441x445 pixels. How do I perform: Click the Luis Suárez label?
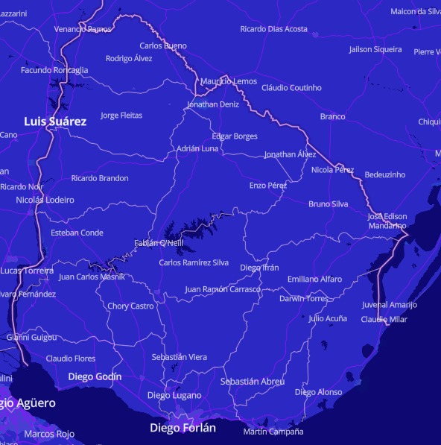[55, 121]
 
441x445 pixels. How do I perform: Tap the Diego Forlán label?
[183, 428]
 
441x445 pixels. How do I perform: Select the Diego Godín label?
[95, 376]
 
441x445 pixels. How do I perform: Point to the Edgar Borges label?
[235, 136]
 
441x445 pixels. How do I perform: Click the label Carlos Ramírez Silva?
[194, 262]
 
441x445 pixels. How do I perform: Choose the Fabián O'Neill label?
[158, 243]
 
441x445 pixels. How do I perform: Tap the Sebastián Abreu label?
[253, 382]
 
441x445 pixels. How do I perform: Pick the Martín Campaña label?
[273, 432]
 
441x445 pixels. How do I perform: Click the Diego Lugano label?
[174, 395]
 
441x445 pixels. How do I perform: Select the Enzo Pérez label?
[267, 185]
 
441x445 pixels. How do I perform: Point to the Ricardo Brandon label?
[100, 178]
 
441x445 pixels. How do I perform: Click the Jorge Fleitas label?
[121, 116]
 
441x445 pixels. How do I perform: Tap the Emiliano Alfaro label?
[314, 280]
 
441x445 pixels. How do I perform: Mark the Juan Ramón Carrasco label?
[223, 289]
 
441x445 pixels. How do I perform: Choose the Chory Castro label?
[130, 306]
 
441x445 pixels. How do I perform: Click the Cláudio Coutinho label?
[291, 88]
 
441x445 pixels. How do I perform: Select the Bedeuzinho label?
[385, 174]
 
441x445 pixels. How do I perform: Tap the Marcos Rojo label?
[49, 434]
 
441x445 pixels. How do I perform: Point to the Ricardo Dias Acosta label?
[273, 29]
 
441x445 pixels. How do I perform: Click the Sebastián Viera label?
[180, 357]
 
